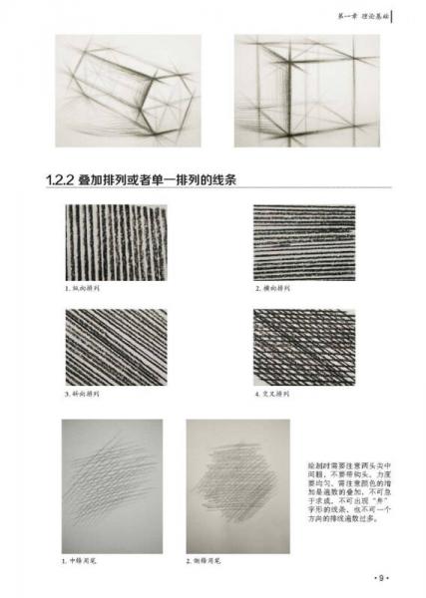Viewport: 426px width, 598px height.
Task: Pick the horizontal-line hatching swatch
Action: pos(303,242)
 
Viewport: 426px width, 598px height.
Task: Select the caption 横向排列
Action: pos(271,290)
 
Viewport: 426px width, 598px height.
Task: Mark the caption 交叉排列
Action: pos(271,395)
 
